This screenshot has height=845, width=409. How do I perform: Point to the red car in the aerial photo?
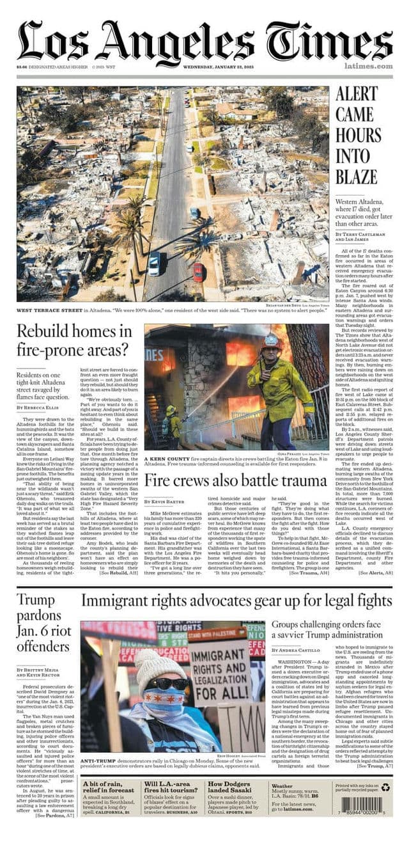pyautogui.click(x=198, y=272)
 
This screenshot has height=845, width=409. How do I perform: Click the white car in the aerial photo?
pyautogui.click(x=154, y=263)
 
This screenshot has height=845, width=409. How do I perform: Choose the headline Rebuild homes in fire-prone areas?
pyautogui.click(x=73, y=341)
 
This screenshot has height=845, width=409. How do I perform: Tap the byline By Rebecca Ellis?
pyautogui.click(x=39, y=407)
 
